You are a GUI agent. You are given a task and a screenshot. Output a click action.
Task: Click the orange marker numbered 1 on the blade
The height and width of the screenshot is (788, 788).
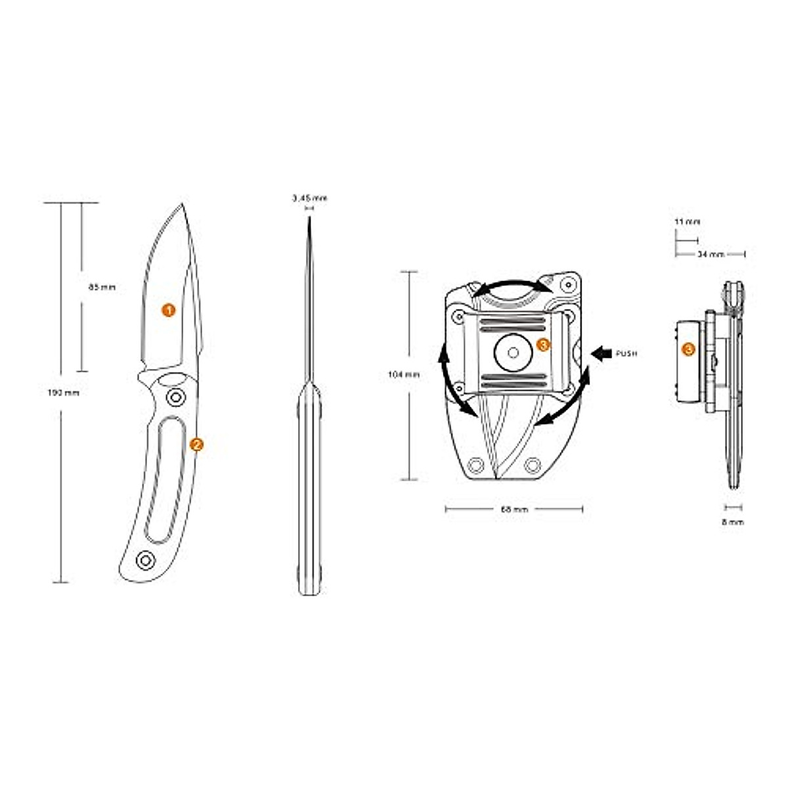tap(169, 310)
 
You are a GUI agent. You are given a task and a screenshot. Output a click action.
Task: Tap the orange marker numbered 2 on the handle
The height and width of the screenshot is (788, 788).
tap(196, 445)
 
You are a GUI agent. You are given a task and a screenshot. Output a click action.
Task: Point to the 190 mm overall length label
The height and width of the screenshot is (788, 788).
tap(63, 393)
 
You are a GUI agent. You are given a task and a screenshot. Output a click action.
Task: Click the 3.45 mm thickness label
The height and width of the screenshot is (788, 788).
tap(309, 198)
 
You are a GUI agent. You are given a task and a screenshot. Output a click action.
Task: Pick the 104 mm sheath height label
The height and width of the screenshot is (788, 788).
tap(404, 374)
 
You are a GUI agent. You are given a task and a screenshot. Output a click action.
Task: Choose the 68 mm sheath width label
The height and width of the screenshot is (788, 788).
tap(514, 509)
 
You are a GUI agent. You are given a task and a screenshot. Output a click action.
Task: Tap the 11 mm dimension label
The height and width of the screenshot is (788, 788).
tap(687, 222)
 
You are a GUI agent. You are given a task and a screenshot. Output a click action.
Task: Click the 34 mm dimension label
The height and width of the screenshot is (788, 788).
tap(710, 253)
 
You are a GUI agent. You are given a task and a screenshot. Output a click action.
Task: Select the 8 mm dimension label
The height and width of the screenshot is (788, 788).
tap(733, 522)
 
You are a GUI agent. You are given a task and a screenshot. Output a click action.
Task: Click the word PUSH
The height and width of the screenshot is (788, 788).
tap(626, 354)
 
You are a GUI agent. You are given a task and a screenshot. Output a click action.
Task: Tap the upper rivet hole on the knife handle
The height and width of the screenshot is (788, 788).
tap(175, 397)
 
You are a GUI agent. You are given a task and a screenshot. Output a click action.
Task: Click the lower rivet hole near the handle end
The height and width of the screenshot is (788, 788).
tap(144, 559)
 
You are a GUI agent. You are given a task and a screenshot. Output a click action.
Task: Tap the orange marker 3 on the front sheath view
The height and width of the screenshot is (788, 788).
tap(543, 344)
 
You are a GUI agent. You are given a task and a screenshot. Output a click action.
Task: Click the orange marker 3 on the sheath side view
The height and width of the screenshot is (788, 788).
tap(688, 349)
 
